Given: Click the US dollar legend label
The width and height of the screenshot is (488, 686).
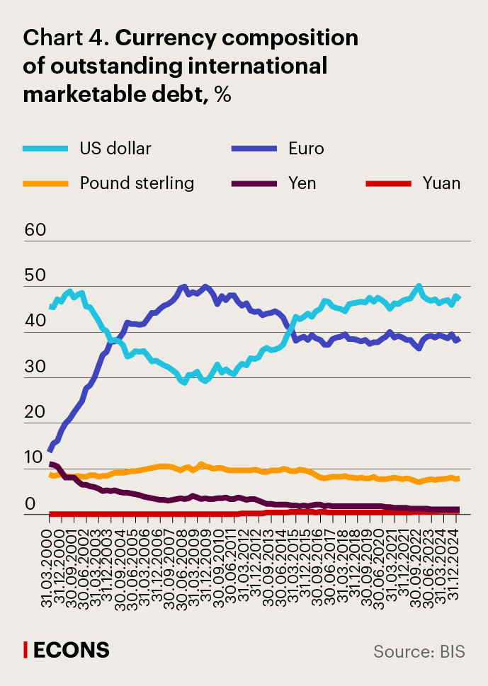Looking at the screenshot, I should point(115,148).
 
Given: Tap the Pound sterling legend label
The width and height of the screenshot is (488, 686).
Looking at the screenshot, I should point(137,183).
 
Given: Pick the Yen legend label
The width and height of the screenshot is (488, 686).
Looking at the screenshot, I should point(302,183).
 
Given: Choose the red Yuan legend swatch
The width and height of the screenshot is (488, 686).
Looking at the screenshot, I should point(388,183).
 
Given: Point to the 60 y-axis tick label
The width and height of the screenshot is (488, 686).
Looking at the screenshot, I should point(35,230).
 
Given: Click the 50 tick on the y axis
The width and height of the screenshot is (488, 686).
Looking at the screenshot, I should point(35,275).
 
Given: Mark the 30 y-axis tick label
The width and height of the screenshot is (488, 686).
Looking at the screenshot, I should point(35,367).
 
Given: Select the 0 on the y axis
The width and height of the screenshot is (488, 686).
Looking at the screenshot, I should point(30,503).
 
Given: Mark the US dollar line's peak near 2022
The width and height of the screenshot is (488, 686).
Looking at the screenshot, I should point(419,286).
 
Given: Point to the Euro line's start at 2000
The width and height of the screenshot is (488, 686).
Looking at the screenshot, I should point(50,450).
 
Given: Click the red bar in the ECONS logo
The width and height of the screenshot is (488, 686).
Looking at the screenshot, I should point(25,649).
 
